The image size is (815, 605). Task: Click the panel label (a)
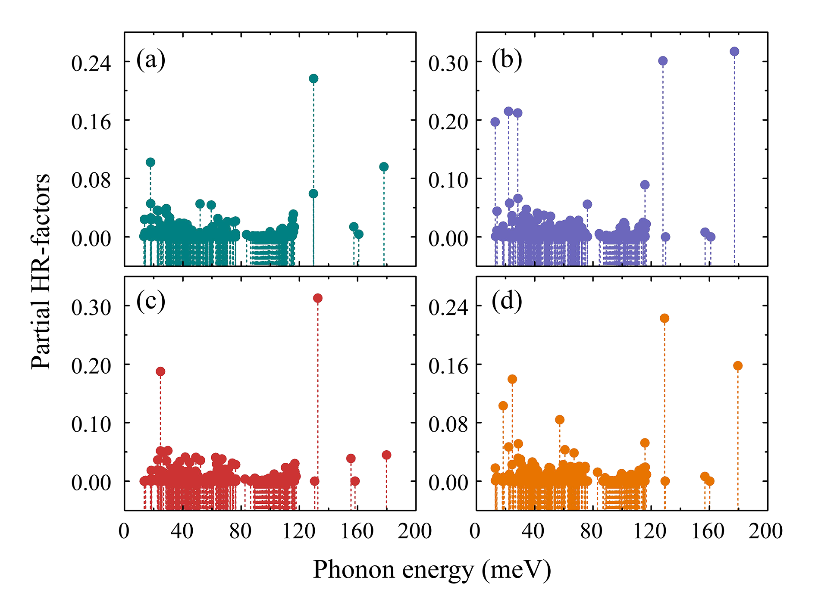pos(151,60)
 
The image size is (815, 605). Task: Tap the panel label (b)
pos(507,60)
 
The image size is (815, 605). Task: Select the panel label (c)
pos(151,302)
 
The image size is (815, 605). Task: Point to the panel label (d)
pos(507,302)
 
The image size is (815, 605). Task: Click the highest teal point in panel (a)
pos(313,78)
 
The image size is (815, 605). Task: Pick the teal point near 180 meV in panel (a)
pos(384,167)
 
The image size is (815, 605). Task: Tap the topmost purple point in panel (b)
pos(734,52)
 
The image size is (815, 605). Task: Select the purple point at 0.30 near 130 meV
pos(663,61)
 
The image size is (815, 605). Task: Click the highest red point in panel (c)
pos(318,298)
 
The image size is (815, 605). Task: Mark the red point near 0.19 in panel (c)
pos(160,371)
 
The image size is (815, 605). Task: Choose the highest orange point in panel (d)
pos(665,318)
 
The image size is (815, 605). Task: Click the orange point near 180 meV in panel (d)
pos(738,366)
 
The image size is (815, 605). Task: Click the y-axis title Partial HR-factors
pos(41,271)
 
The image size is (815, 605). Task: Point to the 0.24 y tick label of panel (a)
pos(91,63)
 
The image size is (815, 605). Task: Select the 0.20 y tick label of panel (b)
pos(448,122)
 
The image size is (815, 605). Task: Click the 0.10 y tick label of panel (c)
pos(91,424)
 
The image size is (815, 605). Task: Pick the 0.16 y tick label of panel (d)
pos(448,366)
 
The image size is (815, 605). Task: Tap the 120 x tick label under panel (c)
pos(298,531)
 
